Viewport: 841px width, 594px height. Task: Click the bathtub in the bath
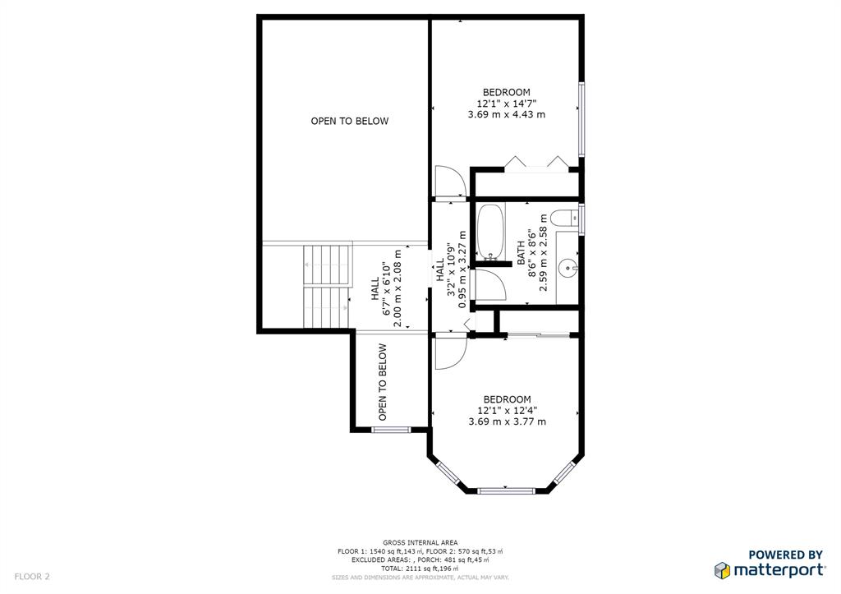490,232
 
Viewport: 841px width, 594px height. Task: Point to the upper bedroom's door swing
448,182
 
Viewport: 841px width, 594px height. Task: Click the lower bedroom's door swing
448,351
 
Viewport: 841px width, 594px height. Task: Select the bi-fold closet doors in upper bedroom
537,163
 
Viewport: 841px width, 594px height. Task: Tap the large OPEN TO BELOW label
349,121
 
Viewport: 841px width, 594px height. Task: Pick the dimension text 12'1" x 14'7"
506,104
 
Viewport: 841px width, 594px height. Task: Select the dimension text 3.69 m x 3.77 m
507,421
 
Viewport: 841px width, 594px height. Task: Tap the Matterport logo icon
722,569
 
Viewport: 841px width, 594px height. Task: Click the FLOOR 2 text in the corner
32,577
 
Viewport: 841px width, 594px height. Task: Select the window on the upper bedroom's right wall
581,119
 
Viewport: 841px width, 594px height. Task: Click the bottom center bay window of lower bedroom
506,491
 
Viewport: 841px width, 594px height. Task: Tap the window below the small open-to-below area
391,429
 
